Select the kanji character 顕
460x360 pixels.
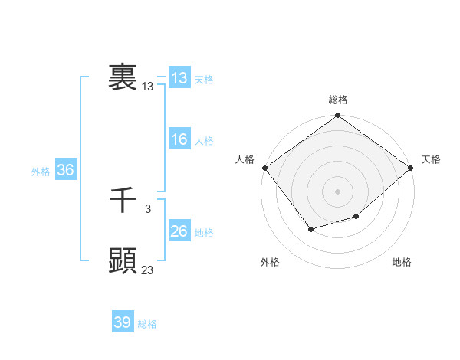(x=123, y=261)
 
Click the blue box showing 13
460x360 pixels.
(x=179, y=77)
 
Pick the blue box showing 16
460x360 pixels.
(x=179, y=139)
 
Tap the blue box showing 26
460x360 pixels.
(x=179, y=231)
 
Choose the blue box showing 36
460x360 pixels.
(x=65, y=170)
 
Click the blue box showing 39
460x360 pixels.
(x=122, y=322)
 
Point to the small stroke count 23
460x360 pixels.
(x=148, y=270)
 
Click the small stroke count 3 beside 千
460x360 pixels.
(x=147, y=209)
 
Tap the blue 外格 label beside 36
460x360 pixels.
(x=41, y=172)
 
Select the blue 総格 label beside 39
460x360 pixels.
(x=147, y=324)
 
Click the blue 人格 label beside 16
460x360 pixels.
(x=204, y=141)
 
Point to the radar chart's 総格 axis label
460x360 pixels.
(x=337, y=100)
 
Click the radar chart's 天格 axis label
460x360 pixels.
(x=431, y=159)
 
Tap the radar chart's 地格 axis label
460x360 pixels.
(x=402, y=262)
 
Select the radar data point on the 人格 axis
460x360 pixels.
(x=264, y=168)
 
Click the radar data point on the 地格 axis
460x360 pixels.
(x=356, y=217)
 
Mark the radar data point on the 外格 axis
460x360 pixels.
(x=310, y=229)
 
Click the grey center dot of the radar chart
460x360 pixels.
(x=337, y=191)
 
